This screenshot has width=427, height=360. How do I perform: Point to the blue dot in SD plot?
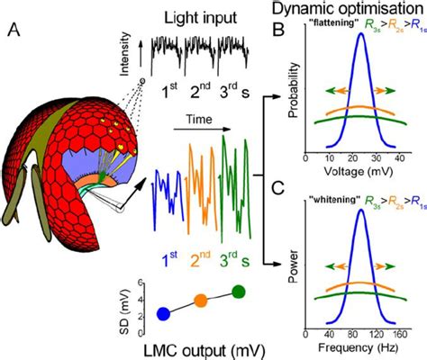[162, 313]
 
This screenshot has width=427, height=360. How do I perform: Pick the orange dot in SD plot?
[201, 301]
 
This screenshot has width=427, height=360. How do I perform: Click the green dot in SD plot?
[238, 291]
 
